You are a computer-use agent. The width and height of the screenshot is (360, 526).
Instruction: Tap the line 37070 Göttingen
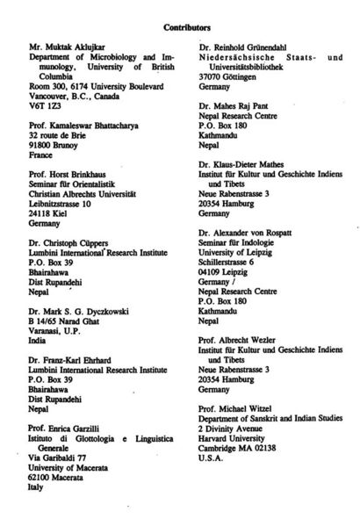pyautogui.click(x=231, y=79)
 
